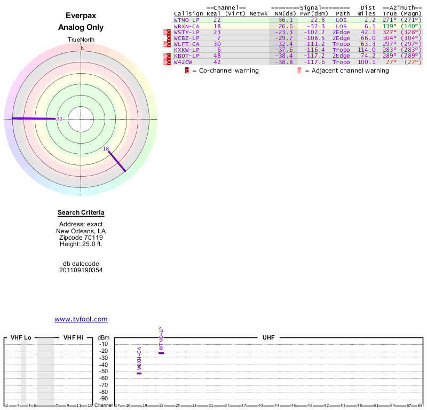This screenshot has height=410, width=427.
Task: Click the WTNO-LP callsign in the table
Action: (x=187, y=20)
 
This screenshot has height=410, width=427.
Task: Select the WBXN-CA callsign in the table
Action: (x=187, y=26)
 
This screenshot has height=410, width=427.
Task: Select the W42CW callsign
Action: (x=183, y=62)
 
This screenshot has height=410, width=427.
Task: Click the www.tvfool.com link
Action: (x=81, y=319)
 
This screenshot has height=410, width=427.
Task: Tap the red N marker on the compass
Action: (x=82, y=48)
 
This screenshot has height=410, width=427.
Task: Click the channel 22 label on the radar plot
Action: (x=59, y=119)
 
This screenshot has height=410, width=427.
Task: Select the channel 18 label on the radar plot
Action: (x=106, y=149)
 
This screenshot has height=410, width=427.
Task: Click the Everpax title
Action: (x=81, y=16)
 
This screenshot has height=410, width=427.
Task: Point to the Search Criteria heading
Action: (x=81, y=213)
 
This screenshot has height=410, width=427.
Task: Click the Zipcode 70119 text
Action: (x=81, y=238)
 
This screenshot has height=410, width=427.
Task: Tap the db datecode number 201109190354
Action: (x=81, y=270)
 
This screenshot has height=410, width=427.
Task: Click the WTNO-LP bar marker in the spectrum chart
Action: (x=161, y=353)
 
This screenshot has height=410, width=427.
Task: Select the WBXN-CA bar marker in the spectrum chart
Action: (x=139, y=373)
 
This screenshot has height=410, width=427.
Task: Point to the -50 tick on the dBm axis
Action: (x=104, y=372)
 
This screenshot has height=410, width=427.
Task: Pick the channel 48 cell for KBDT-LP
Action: (x=217, y=56)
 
